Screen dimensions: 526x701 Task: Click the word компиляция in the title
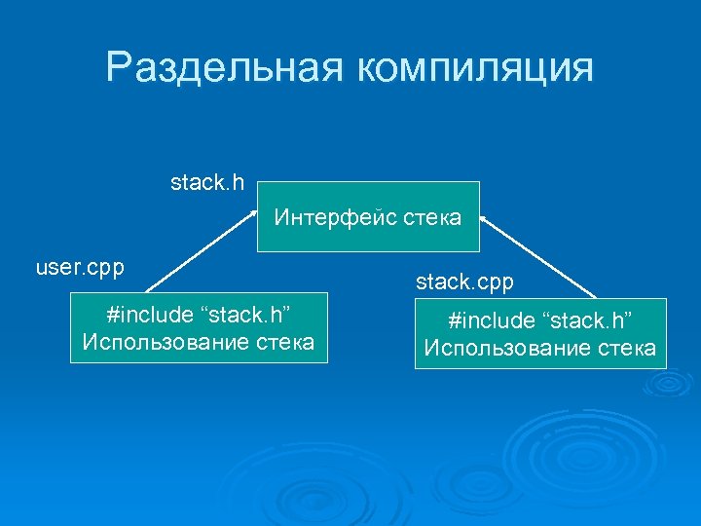[474, 69]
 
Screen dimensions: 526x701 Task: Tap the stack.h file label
[207, 182]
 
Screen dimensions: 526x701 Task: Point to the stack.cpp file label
[464, 282]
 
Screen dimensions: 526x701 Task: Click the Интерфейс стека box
[368, 217]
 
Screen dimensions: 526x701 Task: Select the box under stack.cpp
[540, 334]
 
